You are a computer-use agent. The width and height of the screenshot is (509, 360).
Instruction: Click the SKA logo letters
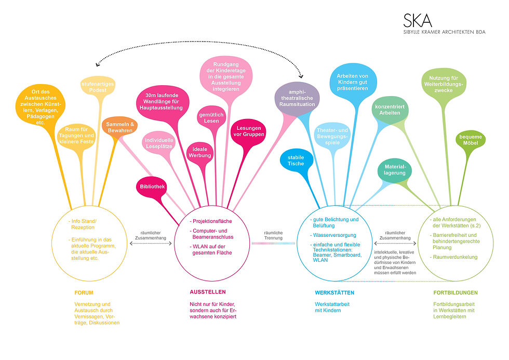click(418, 20)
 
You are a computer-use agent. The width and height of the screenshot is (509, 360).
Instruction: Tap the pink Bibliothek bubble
click(152, 186)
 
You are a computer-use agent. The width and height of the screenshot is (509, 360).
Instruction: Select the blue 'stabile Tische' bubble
click(296, 161)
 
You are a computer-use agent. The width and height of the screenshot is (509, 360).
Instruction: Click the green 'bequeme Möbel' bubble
click(471, 140)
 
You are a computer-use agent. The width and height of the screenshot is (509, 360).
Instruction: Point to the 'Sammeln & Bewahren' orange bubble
click(119, 126)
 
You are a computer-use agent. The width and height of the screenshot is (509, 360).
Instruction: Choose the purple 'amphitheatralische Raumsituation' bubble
click(297, 98)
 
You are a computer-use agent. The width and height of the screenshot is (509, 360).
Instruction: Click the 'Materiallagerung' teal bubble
click(395, 170)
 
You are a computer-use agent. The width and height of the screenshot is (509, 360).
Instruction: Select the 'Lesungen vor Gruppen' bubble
click(249, 131)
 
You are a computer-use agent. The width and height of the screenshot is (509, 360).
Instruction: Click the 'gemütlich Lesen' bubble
click(211, 117)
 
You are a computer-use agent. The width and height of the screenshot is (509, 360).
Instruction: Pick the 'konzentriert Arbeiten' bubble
click(390, 110)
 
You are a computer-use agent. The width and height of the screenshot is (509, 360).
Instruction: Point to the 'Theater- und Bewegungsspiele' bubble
click(332, 136)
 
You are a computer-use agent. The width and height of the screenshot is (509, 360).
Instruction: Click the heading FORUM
click(84, 292)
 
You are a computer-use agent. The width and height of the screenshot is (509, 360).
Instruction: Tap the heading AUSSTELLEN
click(208, 292)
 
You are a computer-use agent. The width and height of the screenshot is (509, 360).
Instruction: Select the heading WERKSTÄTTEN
click(334, 292)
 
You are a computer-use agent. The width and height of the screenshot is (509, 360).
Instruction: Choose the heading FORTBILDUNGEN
click(456, 292)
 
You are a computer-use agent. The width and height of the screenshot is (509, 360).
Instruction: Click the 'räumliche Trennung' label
click(273, 235)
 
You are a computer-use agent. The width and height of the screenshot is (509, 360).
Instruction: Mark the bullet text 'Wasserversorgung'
click(334, 235)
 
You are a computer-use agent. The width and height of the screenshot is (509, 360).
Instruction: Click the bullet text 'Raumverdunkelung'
click(455, 257)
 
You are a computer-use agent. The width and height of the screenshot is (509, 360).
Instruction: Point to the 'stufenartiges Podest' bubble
click(98, 87)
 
